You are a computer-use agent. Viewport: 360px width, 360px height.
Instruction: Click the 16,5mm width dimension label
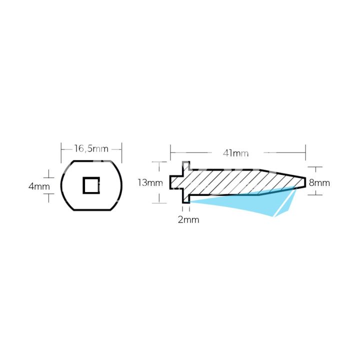tap(91, 148)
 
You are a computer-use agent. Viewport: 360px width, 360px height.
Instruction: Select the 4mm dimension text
tap(39, 186)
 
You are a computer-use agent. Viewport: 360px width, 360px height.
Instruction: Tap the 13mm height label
tap(150, 182)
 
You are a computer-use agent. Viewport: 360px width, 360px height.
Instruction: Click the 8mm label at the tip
tap(319, 182)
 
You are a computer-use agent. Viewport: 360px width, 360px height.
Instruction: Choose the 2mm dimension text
tap(188, 219)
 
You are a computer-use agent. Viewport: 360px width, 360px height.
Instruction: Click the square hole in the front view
tap(91, 185)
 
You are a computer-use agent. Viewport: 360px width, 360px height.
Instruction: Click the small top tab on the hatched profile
tap(186, 165)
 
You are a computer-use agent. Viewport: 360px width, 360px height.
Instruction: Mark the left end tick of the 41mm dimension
tap(170, 149)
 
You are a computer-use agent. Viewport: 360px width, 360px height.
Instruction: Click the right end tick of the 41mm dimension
tap(305, 149)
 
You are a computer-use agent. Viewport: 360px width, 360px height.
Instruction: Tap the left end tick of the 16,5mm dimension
tap(61, 148)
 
